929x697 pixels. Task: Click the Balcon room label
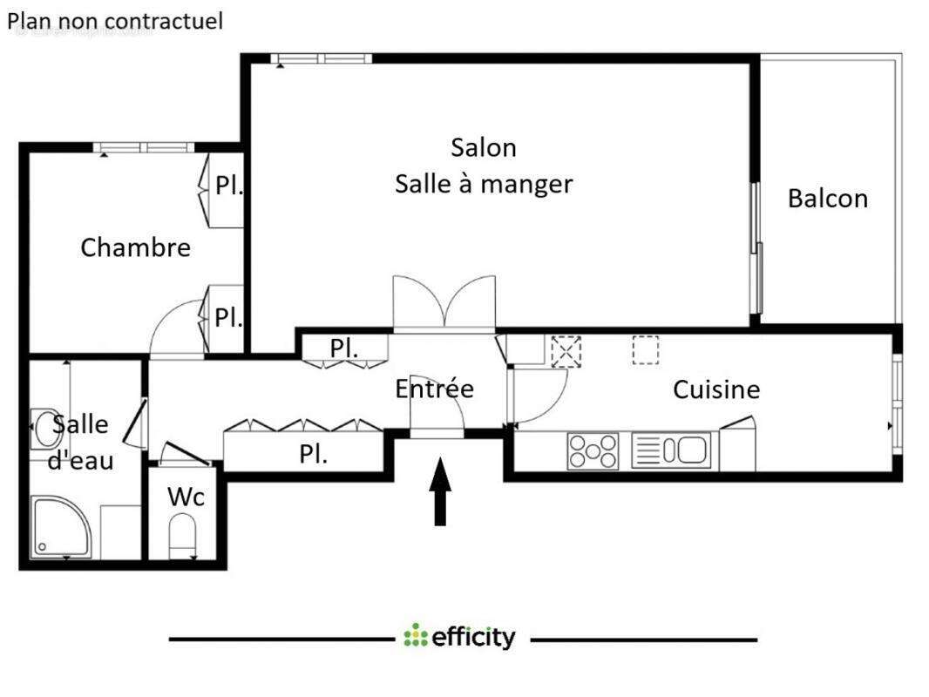[827, 199]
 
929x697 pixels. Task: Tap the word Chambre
[135, 247]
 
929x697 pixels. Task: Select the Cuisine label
[716, 389]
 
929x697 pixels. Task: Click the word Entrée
[434, 389]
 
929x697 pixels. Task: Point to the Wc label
[186, 497]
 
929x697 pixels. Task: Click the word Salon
[483, 147]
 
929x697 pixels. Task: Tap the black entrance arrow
[441, 492]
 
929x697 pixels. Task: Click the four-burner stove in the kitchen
[593, 451]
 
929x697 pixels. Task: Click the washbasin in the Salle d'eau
[45, 427]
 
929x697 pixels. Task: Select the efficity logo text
[460, 638]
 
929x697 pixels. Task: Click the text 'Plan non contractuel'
[115, 21]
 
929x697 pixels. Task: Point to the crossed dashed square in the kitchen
[566, 352]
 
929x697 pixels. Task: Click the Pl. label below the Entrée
[313, 454]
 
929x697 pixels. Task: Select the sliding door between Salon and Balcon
[756, 248]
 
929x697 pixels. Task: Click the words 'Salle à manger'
[484, 185]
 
